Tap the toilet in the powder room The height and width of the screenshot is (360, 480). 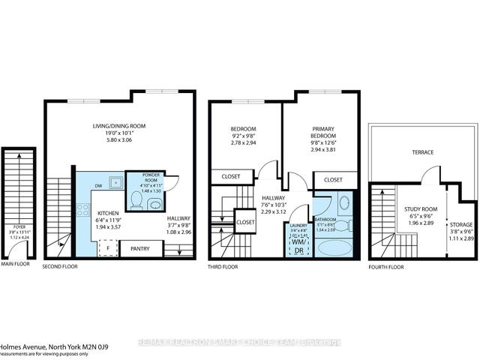[x=136, y=200]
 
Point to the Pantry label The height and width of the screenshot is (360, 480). [x=140, y=248]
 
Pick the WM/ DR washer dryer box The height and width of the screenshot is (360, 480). [x=298, y=247]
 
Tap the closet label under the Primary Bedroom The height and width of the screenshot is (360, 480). [x=333, y=180]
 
